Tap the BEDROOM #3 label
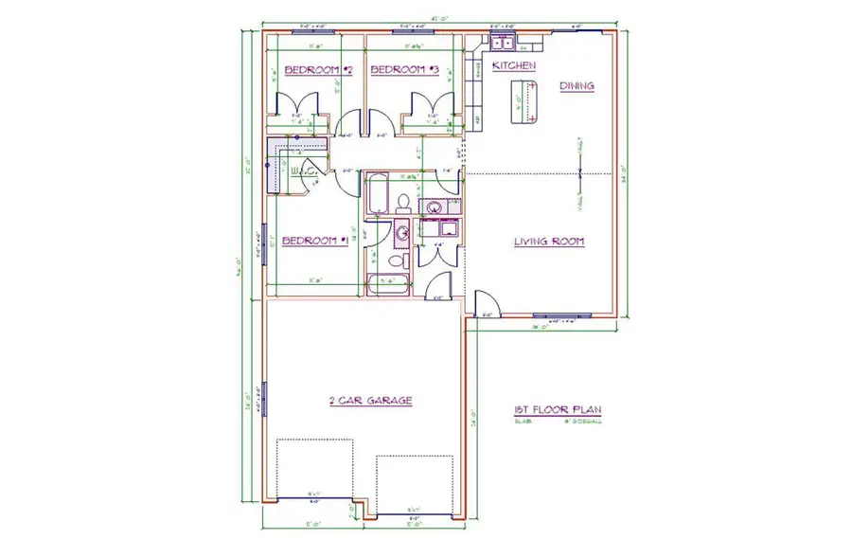coord(404,69)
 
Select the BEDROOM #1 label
coord(316,241)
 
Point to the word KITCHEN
coord(514,66)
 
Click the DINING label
coord(577,86)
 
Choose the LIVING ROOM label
coord(548,241)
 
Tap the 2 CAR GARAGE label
coord(370,401)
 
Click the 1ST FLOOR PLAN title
coord(558,410)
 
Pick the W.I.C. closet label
coord(303,171)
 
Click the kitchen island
coord(524,102)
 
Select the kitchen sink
coord(501,44)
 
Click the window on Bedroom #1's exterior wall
coord(265,243)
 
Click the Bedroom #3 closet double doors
coord(424,103)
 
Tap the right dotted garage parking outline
coord(416,483)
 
